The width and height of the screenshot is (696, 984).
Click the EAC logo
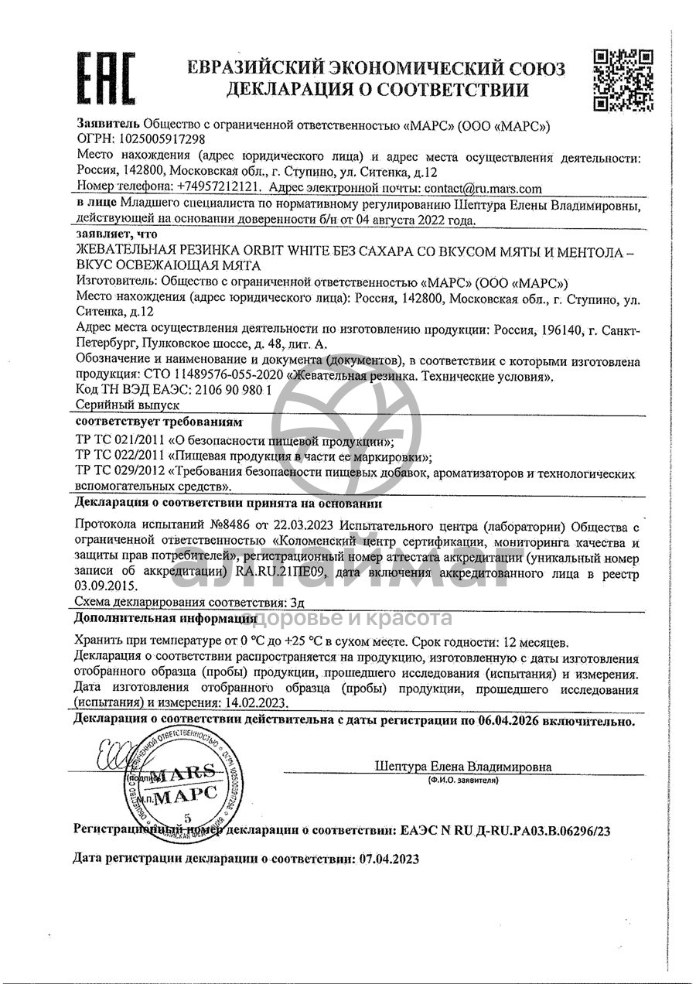click(x=107, y=80)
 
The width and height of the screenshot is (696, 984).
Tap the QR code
click(x=623, y=80)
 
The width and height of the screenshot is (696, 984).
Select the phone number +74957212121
click(x=219, y=187)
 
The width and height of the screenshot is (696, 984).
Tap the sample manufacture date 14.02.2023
click(x=251, y=703)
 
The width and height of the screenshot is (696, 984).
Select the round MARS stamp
click(x=177, y=788)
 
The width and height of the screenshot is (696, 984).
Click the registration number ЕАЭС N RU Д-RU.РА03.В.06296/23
click(x=506, y=831)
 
